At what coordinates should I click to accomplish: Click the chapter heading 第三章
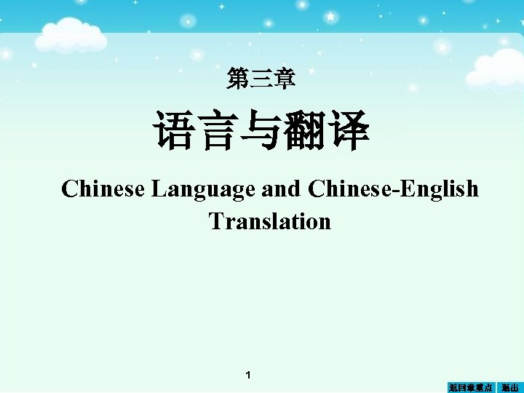pyautogui.click(x=261, y=77)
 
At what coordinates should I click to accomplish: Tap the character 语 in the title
pyautogui.click(x=173, y=131)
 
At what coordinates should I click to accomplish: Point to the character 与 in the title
pyautogui.click(x=260, y=131)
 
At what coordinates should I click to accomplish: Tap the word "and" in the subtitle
pyautogui.click(x=280, y=189)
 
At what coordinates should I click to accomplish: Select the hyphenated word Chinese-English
pyautogui.click(x=393, y=189)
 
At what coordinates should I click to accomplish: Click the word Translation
pyautogui.click(x=269, y=221)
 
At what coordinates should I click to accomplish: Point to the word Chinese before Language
pyautogui.click(x=103, y=189)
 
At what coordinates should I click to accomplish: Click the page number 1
pyautogui.click(x=248, y=375)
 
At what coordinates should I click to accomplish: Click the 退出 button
pyautogui.click(x=510, y=387)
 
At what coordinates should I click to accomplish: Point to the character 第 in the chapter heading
pyautogui.click(x=237, y=77)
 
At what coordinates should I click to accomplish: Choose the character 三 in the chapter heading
pyautogui.click(x=261, y=77)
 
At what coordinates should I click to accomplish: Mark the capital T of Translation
pyautogui.click(x=215, y=221)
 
